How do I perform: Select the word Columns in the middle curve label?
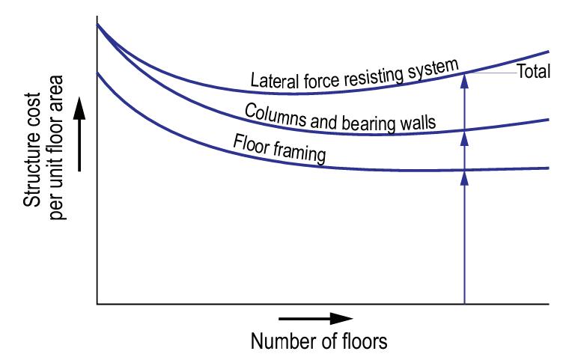pyautogui.click(x=272, y=114)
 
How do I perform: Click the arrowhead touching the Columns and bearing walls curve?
pyautogui.click(x=465, y=136)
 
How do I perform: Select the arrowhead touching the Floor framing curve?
pyautogui.click(x=465, y=176)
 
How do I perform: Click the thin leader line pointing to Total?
pyautogui.click(x=491, y=73)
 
